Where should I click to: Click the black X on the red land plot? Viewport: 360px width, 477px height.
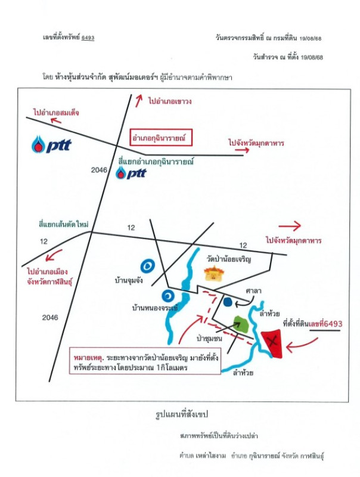click(x=273, y=342)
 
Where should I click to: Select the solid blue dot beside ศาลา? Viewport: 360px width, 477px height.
click(x=227, y=302)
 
